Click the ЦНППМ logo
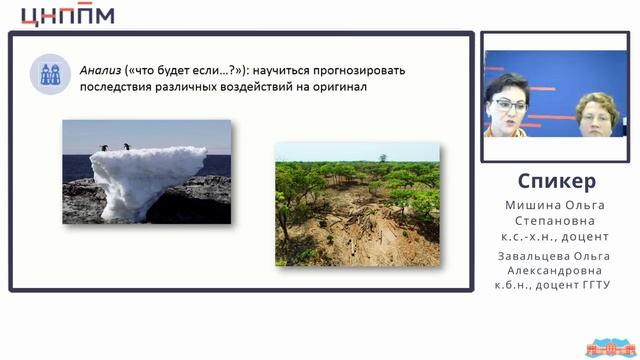tap(67, 14)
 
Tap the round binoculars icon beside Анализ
tap(48, 74)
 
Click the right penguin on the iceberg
tap(127, 147)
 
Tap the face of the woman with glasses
tap(506, 105)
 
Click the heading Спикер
tap(557, 181)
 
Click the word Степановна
tap(557, 222)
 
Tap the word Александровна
tap(557, 269)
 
